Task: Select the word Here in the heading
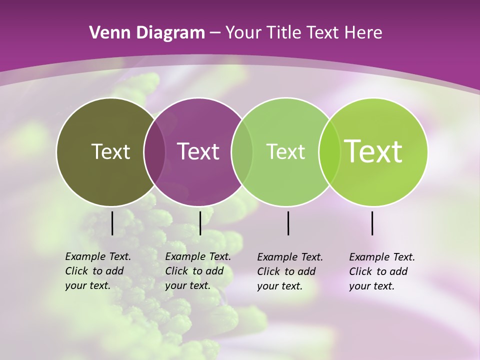pyautogui.click(x=364, y=33)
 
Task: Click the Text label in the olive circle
pyautogui.click(x=110, y=151)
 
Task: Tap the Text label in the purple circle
pyautogui.click(x=198, y=151)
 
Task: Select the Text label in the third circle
pyautogui.click(x=285, y=151)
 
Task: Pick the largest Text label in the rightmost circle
pyautogui.click(x=373, y=151)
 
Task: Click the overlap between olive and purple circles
pyautogui.click(x=154, y=152)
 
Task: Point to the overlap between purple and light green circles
pyautogui.click(x=242, y=152)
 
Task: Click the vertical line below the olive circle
pyautogui.click(x=112, y=223)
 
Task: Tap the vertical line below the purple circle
pyautogui.click(x=200, y=223)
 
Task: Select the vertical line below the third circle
pyautogui.click(x=288, y=223)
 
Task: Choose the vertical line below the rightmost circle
pyautogui.click(x=372, y=223)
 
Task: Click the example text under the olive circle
pyautogui.click(x=98, y=271)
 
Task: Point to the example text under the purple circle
pyautogui.click(x=198, y=271)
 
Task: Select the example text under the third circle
pyautogui.click(x=290, y=271)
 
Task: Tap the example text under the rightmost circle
pyautogui.click(x=382, y=271)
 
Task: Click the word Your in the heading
pyautogui.click(x=246, y=33)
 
